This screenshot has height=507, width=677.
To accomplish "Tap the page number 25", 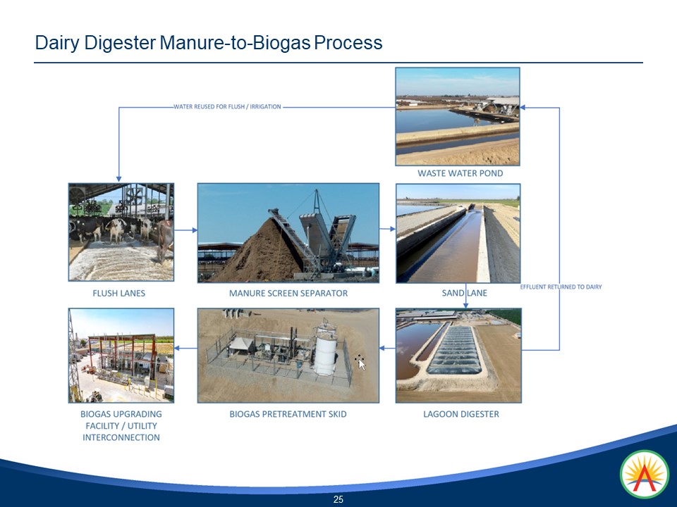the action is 338,499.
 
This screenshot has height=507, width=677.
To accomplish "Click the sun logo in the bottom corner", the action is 644,474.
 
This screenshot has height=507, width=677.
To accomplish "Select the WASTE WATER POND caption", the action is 461,173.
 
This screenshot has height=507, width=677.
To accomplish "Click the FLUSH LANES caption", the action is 118,293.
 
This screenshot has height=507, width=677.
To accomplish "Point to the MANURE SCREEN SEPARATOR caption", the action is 288,293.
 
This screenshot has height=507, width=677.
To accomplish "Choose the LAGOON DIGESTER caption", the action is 461,414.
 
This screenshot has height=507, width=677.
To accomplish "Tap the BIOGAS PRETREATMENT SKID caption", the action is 288,414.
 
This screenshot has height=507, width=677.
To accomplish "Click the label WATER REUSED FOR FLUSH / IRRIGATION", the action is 227,106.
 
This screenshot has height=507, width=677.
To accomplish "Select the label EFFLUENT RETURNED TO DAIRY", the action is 561,287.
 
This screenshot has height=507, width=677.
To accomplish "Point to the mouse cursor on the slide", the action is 361,364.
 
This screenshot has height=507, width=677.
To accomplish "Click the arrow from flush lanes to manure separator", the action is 185,230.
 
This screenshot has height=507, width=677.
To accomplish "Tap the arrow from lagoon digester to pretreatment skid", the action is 387,348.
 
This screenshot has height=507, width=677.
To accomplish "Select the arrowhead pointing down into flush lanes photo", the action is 118,179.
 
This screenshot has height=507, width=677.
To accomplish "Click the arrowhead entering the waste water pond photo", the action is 523,107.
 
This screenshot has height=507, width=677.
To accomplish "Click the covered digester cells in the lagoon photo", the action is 455,350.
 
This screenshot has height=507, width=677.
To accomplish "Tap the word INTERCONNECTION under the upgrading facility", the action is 121,437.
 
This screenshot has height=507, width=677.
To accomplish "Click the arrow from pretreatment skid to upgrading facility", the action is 185,348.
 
